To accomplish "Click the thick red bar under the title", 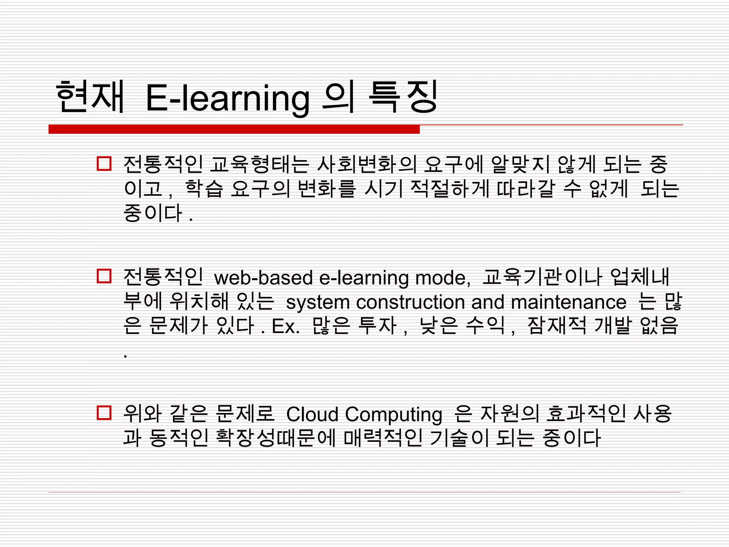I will (x=234, y=129).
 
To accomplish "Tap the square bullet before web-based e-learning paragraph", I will (x=104, y=276).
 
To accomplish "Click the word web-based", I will (x=263, y=278).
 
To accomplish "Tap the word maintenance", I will (x=568, y=302).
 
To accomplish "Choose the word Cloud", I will (x=313, y=415).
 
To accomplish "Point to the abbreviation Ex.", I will (x=286, y=326).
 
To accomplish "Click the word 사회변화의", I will (x=366, y=165).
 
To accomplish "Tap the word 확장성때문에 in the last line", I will (x=276, y=438).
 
